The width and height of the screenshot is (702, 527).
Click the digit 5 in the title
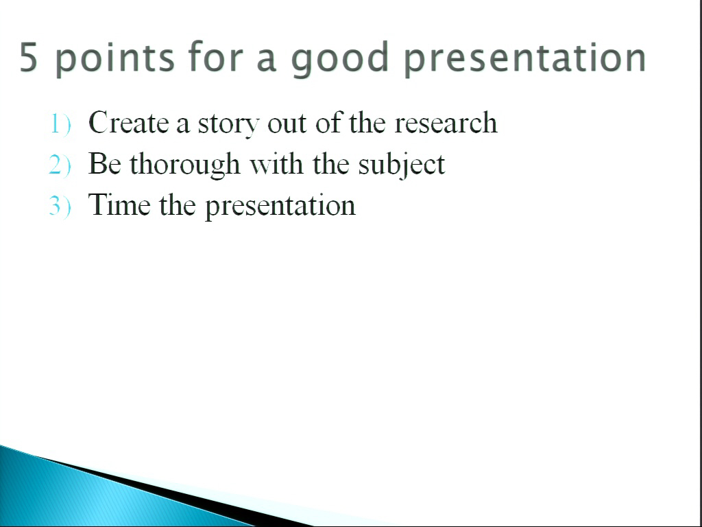click(27, 57)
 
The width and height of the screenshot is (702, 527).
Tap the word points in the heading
click(115, 58)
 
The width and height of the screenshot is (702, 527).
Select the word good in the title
click(340, 58)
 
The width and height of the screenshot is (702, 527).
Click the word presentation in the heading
click(524, 58)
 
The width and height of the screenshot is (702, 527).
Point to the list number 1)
click(60, 124)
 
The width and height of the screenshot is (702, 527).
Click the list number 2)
click(60, 165)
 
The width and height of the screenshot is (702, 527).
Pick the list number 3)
click(60, 206)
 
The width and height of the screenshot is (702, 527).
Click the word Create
click(128, 122)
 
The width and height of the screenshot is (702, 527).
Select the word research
click(446, 122)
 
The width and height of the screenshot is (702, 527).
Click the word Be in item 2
click(105, 163)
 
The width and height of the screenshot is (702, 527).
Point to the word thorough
click(185, 165)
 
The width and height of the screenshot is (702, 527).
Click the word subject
click(402, 165)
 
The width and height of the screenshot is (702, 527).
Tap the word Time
click(119, 204)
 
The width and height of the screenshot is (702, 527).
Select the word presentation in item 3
click(280, 206)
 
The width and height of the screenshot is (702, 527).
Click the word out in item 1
click(287, 124)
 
